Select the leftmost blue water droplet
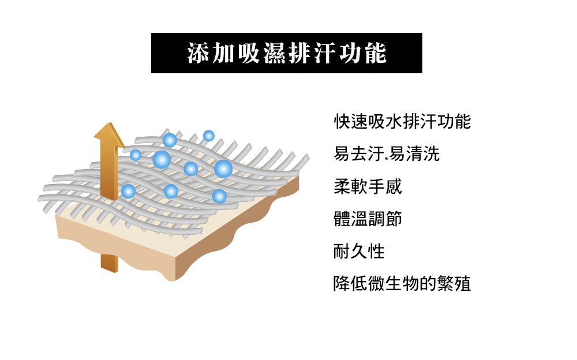(128, 191)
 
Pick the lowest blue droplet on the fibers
(219, 196)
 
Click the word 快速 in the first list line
(351, 122)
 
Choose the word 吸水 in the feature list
(385, 122)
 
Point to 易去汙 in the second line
(359, 154)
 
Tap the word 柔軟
(350, 187)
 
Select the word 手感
(385, 187)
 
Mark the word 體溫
(350, 219)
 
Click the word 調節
(385, 219)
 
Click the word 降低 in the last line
(350, 284)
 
